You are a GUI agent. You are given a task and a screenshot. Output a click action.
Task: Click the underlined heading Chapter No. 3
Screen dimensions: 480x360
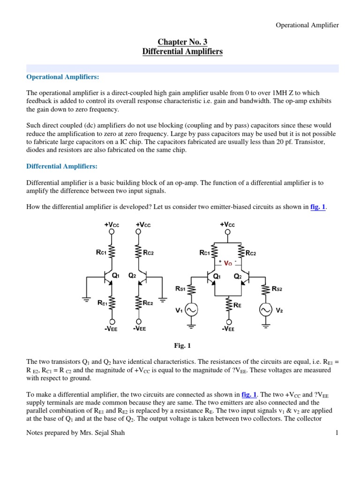pos(182,42)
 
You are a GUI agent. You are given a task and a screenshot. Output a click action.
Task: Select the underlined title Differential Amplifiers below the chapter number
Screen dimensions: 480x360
pos(182,51)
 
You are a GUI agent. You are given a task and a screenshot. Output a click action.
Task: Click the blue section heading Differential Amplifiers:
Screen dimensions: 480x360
pos(62,166)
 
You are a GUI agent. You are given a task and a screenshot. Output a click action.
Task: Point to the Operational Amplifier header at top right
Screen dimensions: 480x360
pos(307,25)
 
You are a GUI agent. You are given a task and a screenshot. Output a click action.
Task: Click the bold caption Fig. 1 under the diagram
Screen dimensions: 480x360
pos(182,345)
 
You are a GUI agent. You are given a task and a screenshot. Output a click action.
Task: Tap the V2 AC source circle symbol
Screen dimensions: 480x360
pos(265,310)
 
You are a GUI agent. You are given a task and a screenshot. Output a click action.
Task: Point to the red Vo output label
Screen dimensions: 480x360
pos(228,263)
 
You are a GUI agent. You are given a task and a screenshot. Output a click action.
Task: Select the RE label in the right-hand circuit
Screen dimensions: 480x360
pos(238,305)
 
